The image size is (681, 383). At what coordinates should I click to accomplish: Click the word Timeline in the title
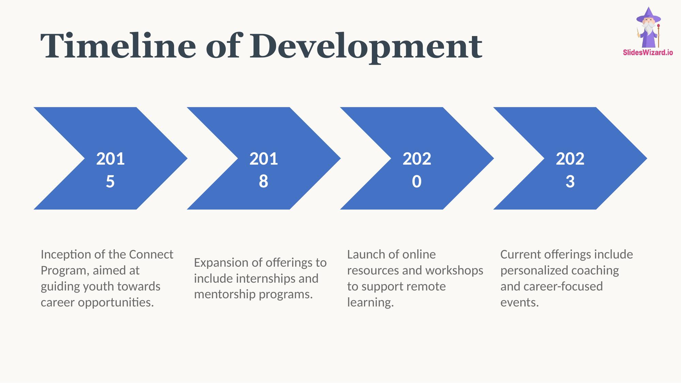pyautogui.click(x=118, y=46)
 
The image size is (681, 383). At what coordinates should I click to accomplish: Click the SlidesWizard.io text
pyautogui.click(x=648, y=52)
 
